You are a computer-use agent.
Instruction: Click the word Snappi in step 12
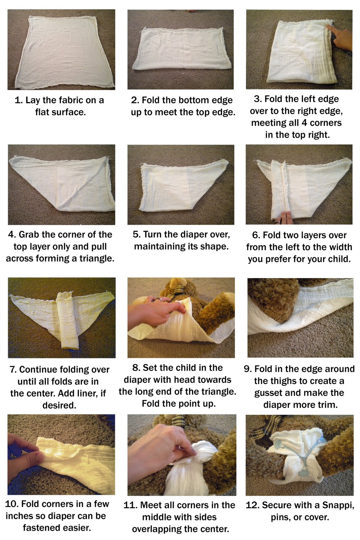pyautogui.click(x=338, y=505)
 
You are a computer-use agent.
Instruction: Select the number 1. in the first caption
pyautogui.click(x=19, y=100)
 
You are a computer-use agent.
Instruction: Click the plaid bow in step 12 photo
pyautogui.click(x=267, y=426)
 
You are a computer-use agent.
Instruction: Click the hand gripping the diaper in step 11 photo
pyautogui.click(x=159, y=446)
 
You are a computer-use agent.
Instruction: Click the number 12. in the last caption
pyautogui.click(x=252, y=505)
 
